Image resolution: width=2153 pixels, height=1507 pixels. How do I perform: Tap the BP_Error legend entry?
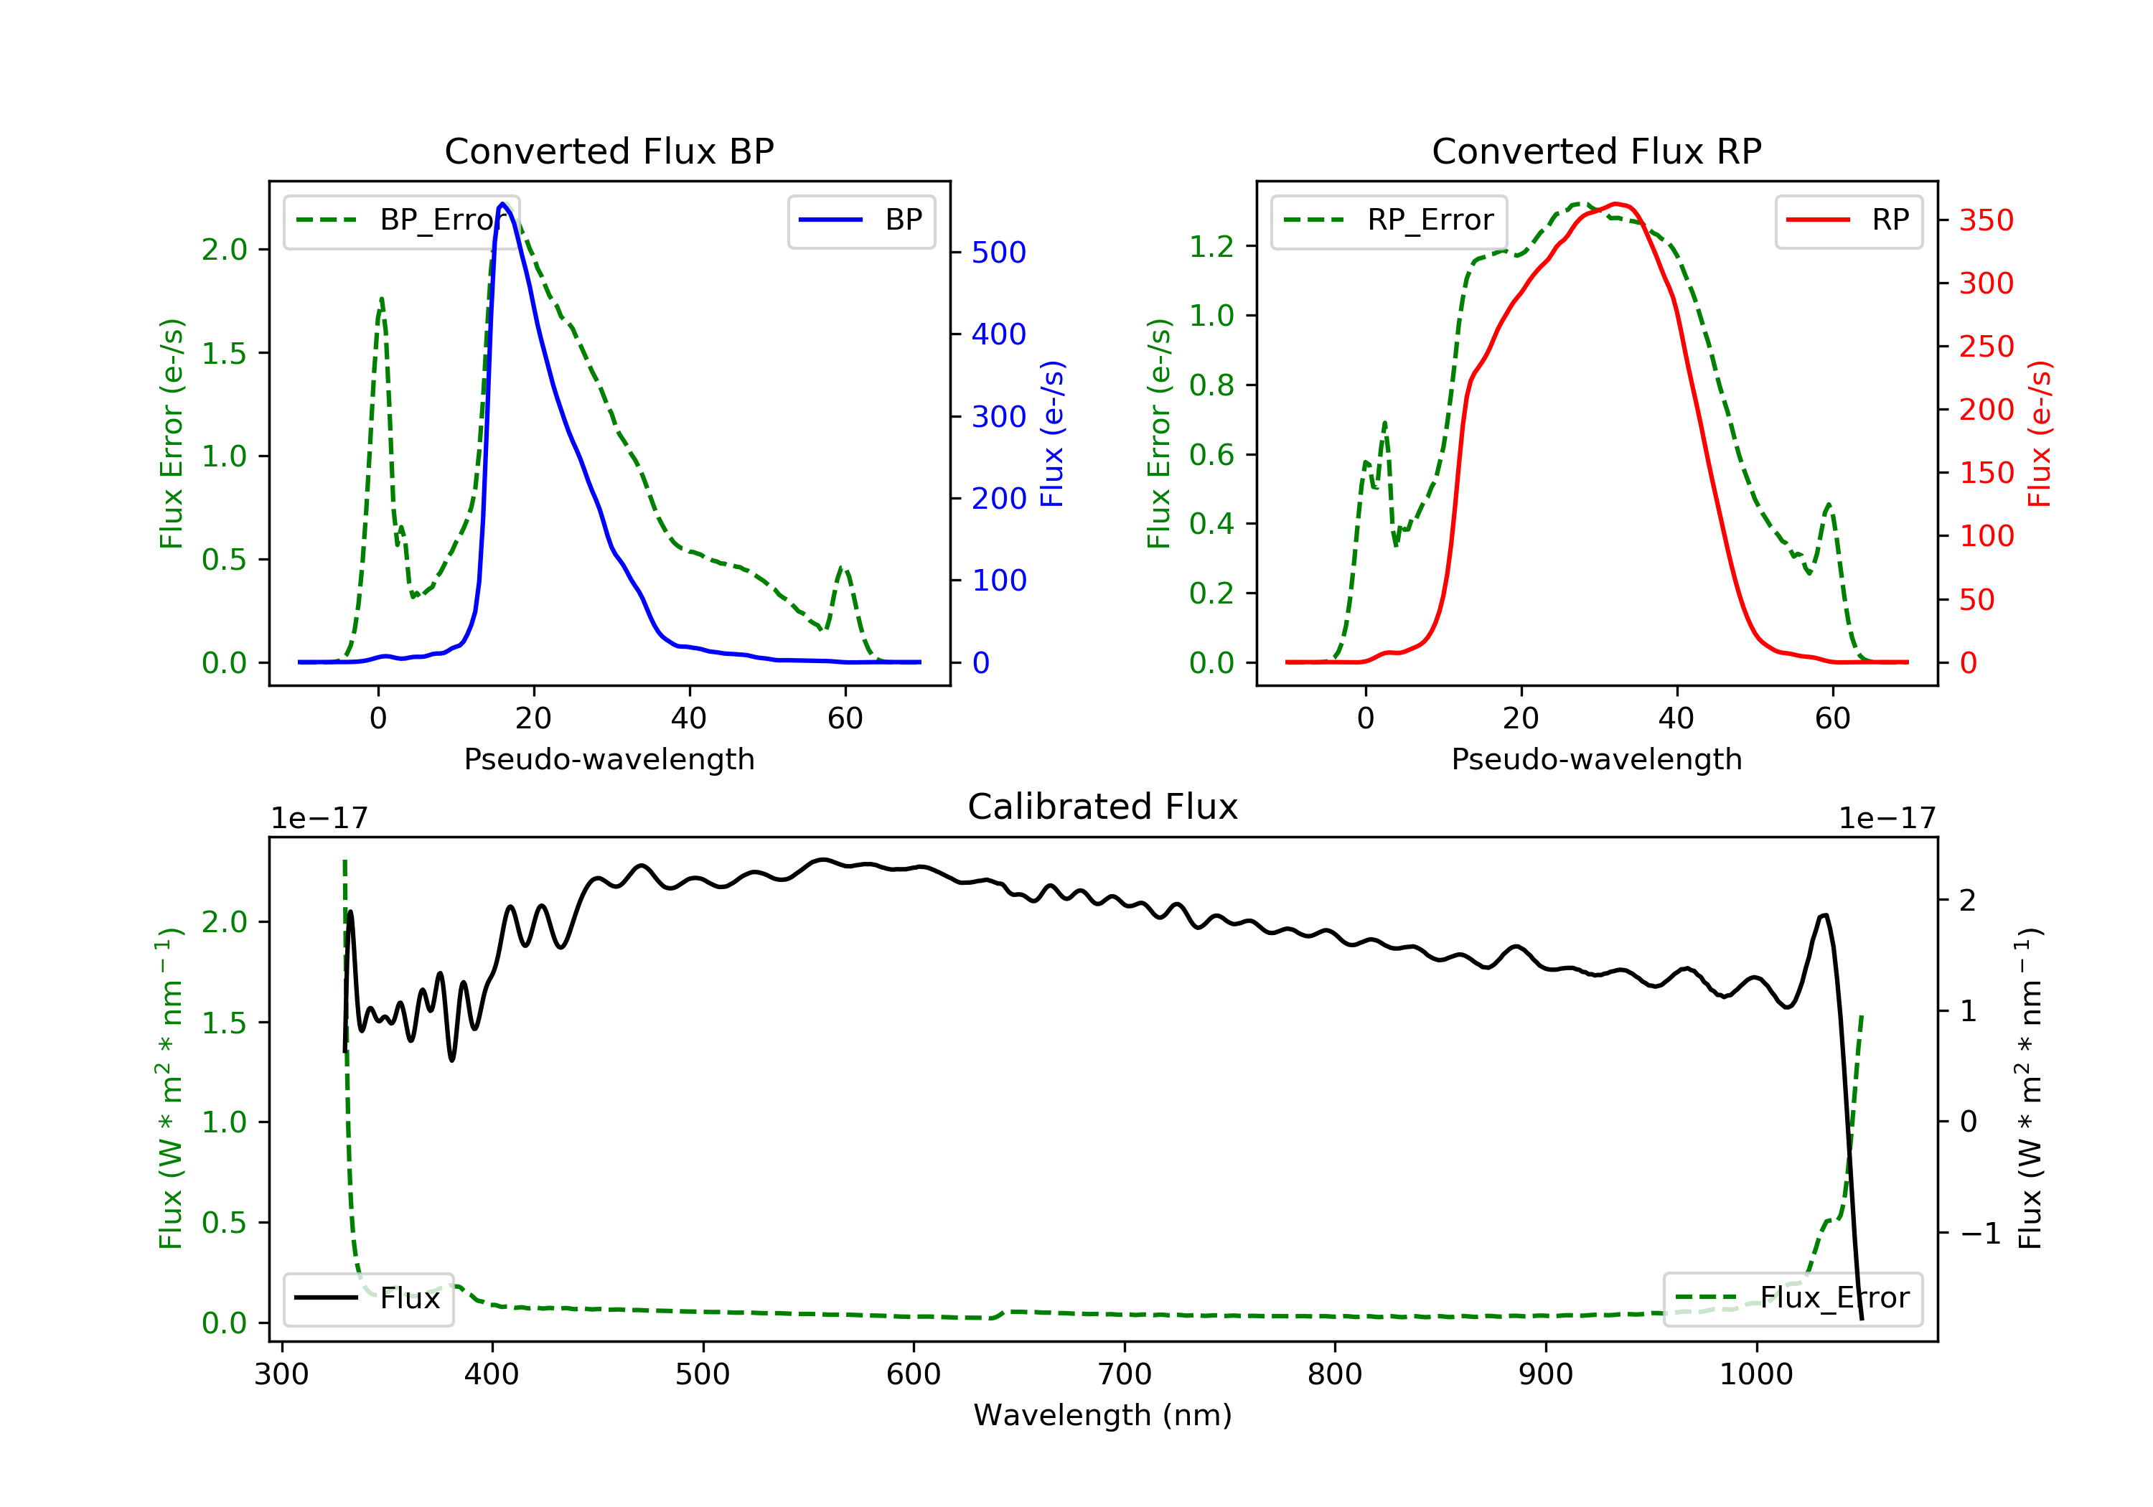click(401, 220)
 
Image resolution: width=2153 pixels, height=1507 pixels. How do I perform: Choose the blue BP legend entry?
click(860, 220)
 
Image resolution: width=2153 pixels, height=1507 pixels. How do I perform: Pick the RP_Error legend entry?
click(1389, 220)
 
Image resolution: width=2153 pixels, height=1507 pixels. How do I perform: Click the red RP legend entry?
click(1848, 220)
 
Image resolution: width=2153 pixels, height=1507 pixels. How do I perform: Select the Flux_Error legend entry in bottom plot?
click(1792, 1298)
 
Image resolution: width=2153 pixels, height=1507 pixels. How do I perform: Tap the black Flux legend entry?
click(367, 1298)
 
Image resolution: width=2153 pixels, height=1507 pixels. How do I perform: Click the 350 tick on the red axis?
click(1986, 220)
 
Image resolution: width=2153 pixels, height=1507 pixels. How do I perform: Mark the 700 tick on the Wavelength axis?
click(1125, 1375)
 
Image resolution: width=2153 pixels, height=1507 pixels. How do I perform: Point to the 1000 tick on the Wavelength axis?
click(1755, 1375)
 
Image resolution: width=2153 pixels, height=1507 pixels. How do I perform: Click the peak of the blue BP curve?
click(502, 204)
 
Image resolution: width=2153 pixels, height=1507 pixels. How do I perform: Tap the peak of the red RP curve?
click(1615, 204)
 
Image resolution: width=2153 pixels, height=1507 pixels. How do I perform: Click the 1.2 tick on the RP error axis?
click(1211, 247)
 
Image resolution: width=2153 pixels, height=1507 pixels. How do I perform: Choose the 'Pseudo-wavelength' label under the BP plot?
click(609, 759)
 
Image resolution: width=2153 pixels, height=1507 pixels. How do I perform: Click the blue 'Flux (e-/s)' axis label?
click(1052, 434)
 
